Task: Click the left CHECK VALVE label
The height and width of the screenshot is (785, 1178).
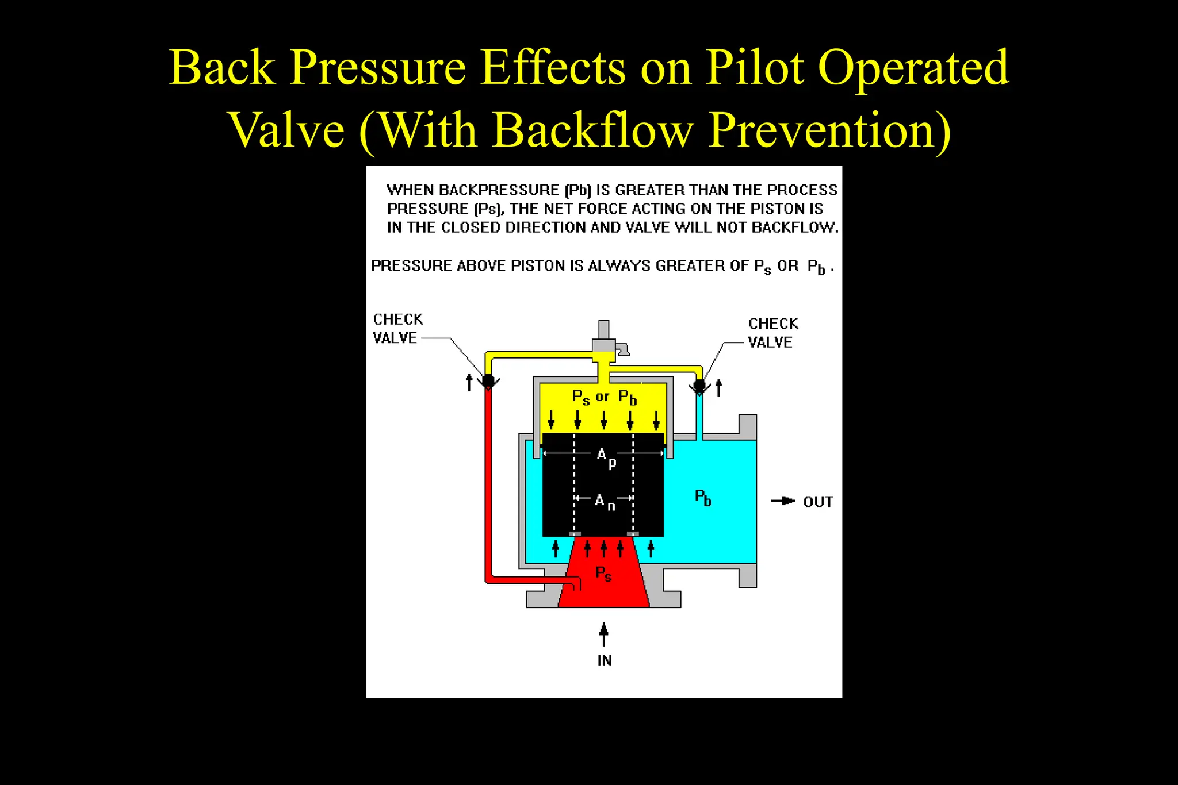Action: [397, 328]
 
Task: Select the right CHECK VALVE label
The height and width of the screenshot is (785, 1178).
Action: [772, 333]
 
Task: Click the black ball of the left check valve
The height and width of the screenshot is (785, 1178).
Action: [488, 380]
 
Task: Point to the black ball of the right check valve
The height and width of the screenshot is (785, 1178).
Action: [699, 385]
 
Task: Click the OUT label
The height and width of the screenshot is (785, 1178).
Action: [818, 502]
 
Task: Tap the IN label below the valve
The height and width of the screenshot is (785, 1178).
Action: [604, 661]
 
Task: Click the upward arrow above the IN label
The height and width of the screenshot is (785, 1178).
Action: [603, 634]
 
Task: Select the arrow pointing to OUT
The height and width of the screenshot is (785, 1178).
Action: [783, 501]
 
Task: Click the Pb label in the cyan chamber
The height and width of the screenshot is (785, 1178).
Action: [703, 498]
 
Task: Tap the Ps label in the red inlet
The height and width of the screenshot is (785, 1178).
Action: [603, 574]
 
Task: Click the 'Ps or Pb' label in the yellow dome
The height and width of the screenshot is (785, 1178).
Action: [604, 397]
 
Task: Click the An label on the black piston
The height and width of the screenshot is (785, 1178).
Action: [604, 502]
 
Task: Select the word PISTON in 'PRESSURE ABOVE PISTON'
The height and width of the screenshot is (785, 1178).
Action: [538, 266]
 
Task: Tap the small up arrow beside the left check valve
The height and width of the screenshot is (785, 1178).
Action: [469, 382]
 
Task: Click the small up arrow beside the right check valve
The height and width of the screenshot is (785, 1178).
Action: [718, 388]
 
